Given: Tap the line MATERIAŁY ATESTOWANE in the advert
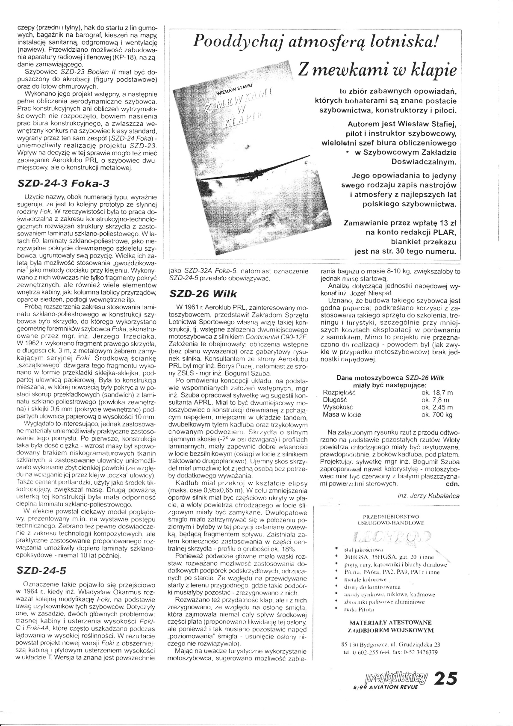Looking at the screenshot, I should click(390, 622).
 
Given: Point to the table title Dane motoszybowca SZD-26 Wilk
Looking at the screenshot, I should click(390, 378).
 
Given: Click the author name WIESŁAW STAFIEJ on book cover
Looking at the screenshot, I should click(233, 89).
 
